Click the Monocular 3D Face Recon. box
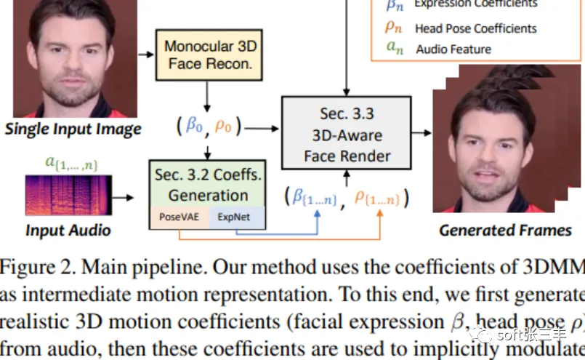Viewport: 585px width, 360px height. [x=209, y=55]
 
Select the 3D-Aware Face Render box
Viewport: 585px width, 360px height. [x=346, y=134]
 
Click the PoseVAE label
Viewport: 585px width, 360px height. [x=177, y=216]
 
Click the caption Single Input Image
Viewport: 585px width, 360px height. [x=73, y=130]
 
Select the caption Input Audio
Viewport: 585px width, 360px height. [x=68, y=231]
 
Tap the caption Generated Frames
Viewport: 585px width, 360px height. [x=505, y=231]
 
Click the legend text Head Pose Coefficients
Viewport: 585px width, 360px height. [x=476, y=28]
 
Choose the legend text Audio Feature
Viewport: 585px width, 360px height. [x=453, y=49]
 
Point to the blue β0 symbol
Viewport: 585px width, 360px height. [x=194, y=125]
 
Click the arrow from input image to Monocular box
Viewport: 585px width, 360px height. [x=146, y=55]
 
